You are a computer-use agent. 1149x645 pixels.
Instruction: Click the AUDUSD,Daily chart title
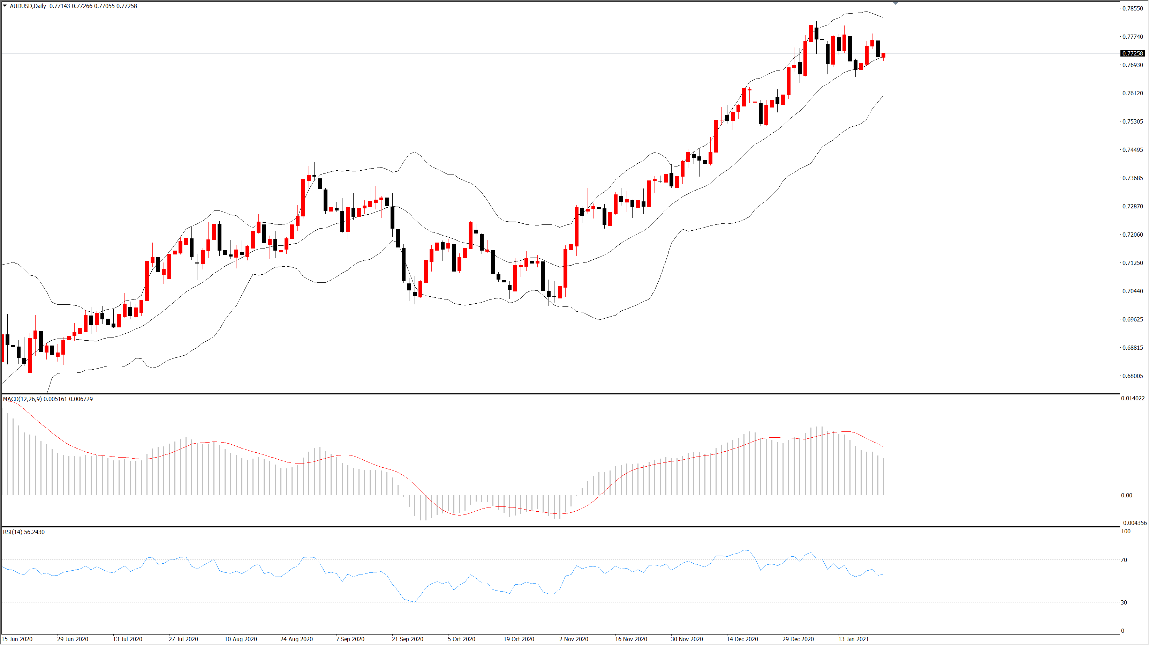click(28, 6)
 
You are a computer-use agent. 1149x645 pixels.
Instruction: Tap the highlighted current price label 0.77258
click(1133, 53)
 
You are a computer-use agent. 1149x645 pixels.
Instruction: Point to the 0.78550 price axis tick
click(1133, 8)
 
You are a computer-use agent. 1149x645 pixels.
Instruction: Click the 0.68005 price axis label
click(1133, 376)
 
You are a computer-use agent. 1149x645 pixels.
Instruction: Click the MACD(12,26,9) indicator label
click(22, 399)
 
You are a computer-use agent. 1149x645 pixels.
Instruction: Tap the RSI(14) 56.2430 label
click(24, 532)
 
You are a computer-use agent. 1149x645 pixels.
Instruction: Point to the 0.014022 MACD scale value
click(1133, 398)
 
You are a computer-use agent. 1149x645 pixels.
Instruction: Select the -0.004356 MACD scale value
click(1133, 523)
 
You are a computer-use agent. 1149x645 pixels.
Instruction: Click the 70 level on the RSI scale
click(1124, 560)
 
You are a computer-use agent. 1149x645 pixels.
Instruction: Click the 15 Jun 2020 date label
click(17, 639)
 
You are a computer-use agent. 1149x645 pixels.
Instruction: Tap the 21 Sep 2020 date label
click(407, 639)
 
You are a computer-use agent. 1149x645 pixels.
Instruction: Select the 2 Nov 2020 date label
click(574, 639)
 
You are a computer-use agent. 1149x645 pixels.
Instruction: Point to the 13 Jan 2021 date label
click(853, 639)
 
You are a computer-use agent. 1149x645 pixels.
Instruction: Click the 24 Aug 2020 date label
click(296, 639)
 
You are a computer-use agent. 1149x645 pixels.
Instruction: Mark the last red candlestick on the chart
click(883, 55)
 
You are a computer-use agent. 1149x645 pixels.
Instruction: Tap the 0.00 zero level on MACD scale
click(1126, 495)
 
